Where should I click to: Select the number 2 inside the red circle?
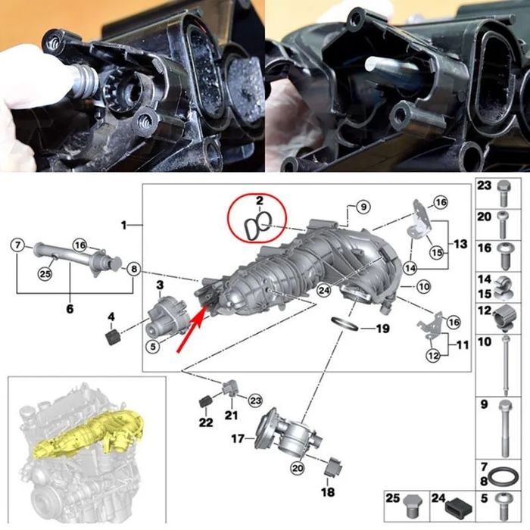pos(259,201)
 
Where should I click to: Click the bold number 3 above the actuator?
pos(160,283)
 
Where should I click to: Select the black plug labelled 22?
pos(204,401)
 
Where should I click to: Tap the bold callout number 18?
pos(328,493)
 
